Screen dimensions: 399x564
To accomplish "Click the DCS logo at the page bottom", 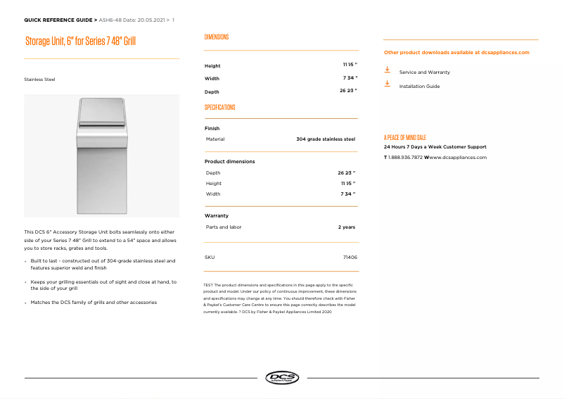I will (x=282, y=378).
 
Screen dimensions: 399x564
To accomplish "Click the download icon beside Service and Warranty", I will (x=387, y=70).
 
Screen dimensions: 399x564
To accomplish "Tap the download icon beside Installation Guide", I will (x=387, y=84).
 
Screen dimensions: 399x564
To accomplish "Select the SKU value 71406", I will (x=350, y=258).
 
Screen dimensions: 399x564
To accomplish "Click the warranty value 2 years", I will (x=346, y=227).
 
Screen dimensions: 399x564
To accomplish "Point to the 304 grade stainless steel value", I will (x=326, y=139).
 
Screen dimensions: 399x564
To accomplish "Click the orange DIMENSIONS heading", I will (x=217, y=37).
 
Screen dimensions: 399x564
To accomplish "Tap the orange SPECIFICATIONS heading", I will (x=219, y=108).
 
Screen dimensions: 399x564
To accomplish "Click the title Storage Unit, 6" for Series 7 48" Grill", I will (x=80, y=42).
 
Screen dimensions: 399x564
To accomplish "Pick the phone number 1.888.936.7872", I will (x=405, y=158).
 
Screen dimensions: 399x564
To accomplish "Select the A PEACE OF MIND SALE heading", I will (x=404, y=137).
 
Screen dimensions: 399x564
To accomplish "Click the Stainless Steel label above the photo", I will (x=39, y=80).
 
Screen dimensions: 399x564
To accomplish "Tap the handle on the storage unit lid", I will (x=101, y=125).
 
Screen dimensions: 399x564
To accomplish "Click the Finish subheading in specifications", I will (x=212, y=129).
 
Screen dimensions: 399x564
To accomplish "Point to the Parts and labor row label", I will (x=224, y=227).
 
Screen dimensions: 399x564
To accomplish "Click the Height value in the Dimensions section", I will (x=350, y=65).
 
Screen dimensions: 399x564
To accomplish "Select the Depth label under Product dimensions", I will (x=212, y=172).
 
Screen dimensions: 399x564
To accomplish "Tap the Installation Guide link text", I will (x=419, y=87).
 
